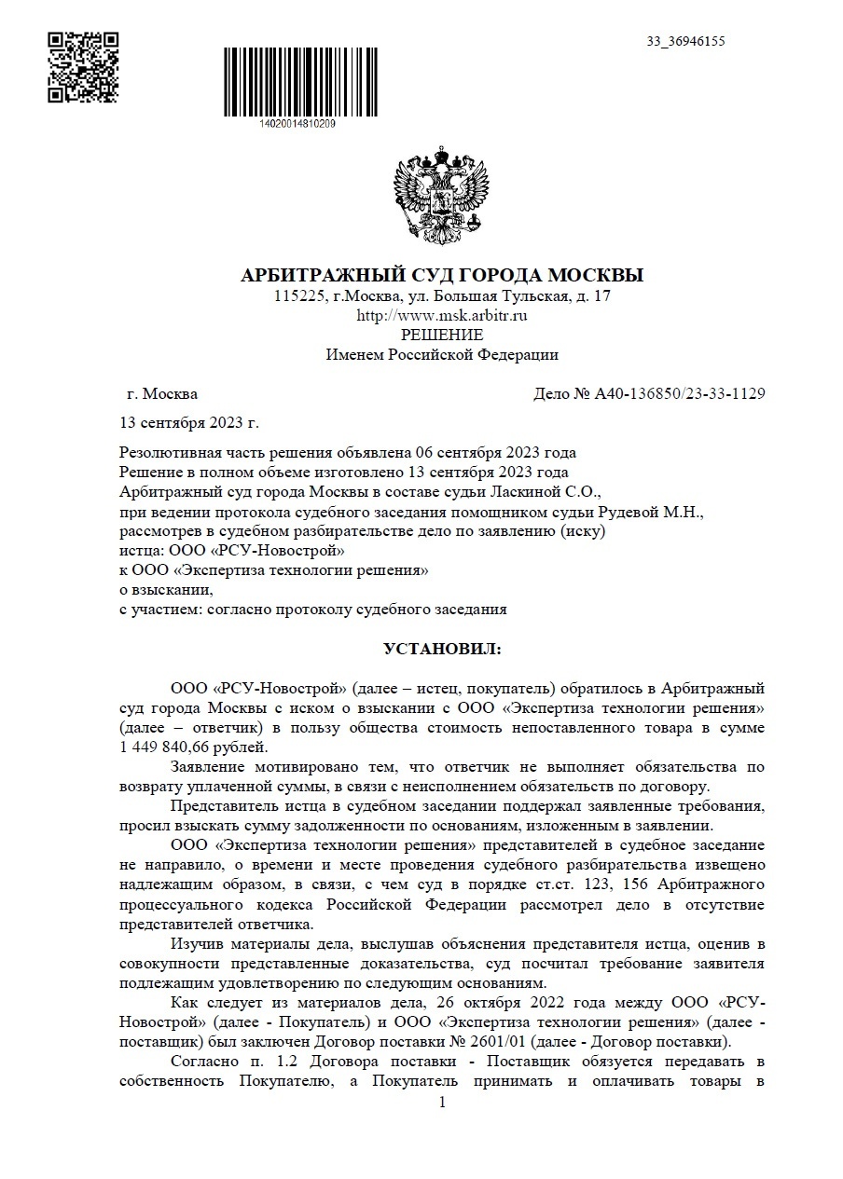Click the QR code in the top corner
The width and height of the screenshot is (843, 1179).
pyautogui.click(x=83, y=66)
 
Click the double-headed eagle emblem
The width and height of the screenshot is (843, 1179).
pyautogui.click(x=442, y=191)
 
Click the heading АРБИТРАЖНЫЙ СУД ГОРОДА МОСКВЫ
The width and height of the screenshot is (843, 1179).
pyautogui.click(x=442, y=276)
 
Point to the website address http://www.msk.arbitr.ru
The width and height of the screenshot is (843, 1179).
pyautogui.click(x=442, y=316)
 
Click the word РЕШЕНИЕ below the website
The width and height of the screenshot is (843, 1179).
pyautogui.click(x=442, y=335)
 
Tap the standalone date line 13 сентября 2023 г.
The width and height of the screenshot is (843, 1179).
pyautogui.click(x=189, y=423)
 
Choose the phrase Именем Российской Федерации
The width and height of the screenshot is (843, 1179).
pyautogui.click(x=442, y=354)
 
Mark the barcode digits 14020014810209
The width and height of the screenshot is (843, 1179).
pyautogui.click(x=294, y=123)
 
